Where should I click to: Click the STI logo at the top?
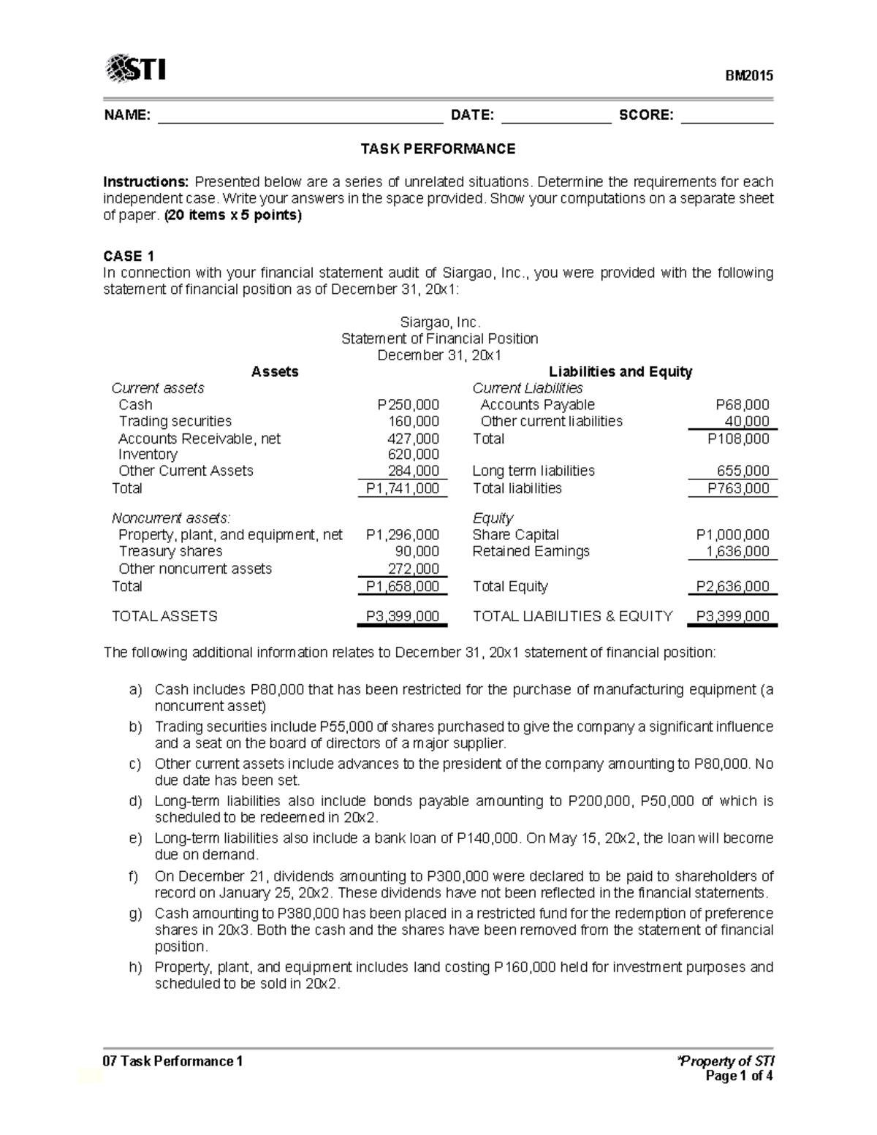point(136,69)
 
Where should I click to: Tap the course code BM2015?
point(748,76)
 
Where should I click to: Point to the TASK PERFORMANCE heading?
point(438,149)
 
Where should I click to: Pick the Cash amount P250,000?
point(408,405)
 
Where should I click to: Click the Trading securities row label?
point(175,422)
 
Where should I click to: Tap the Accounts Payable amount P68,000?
point(742,405)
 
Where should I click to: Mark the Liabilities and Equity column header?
point(620,372)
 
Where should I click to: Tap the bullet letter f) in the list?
point(134,876)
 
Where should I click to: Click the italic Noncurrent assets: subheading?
point(170,518)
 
